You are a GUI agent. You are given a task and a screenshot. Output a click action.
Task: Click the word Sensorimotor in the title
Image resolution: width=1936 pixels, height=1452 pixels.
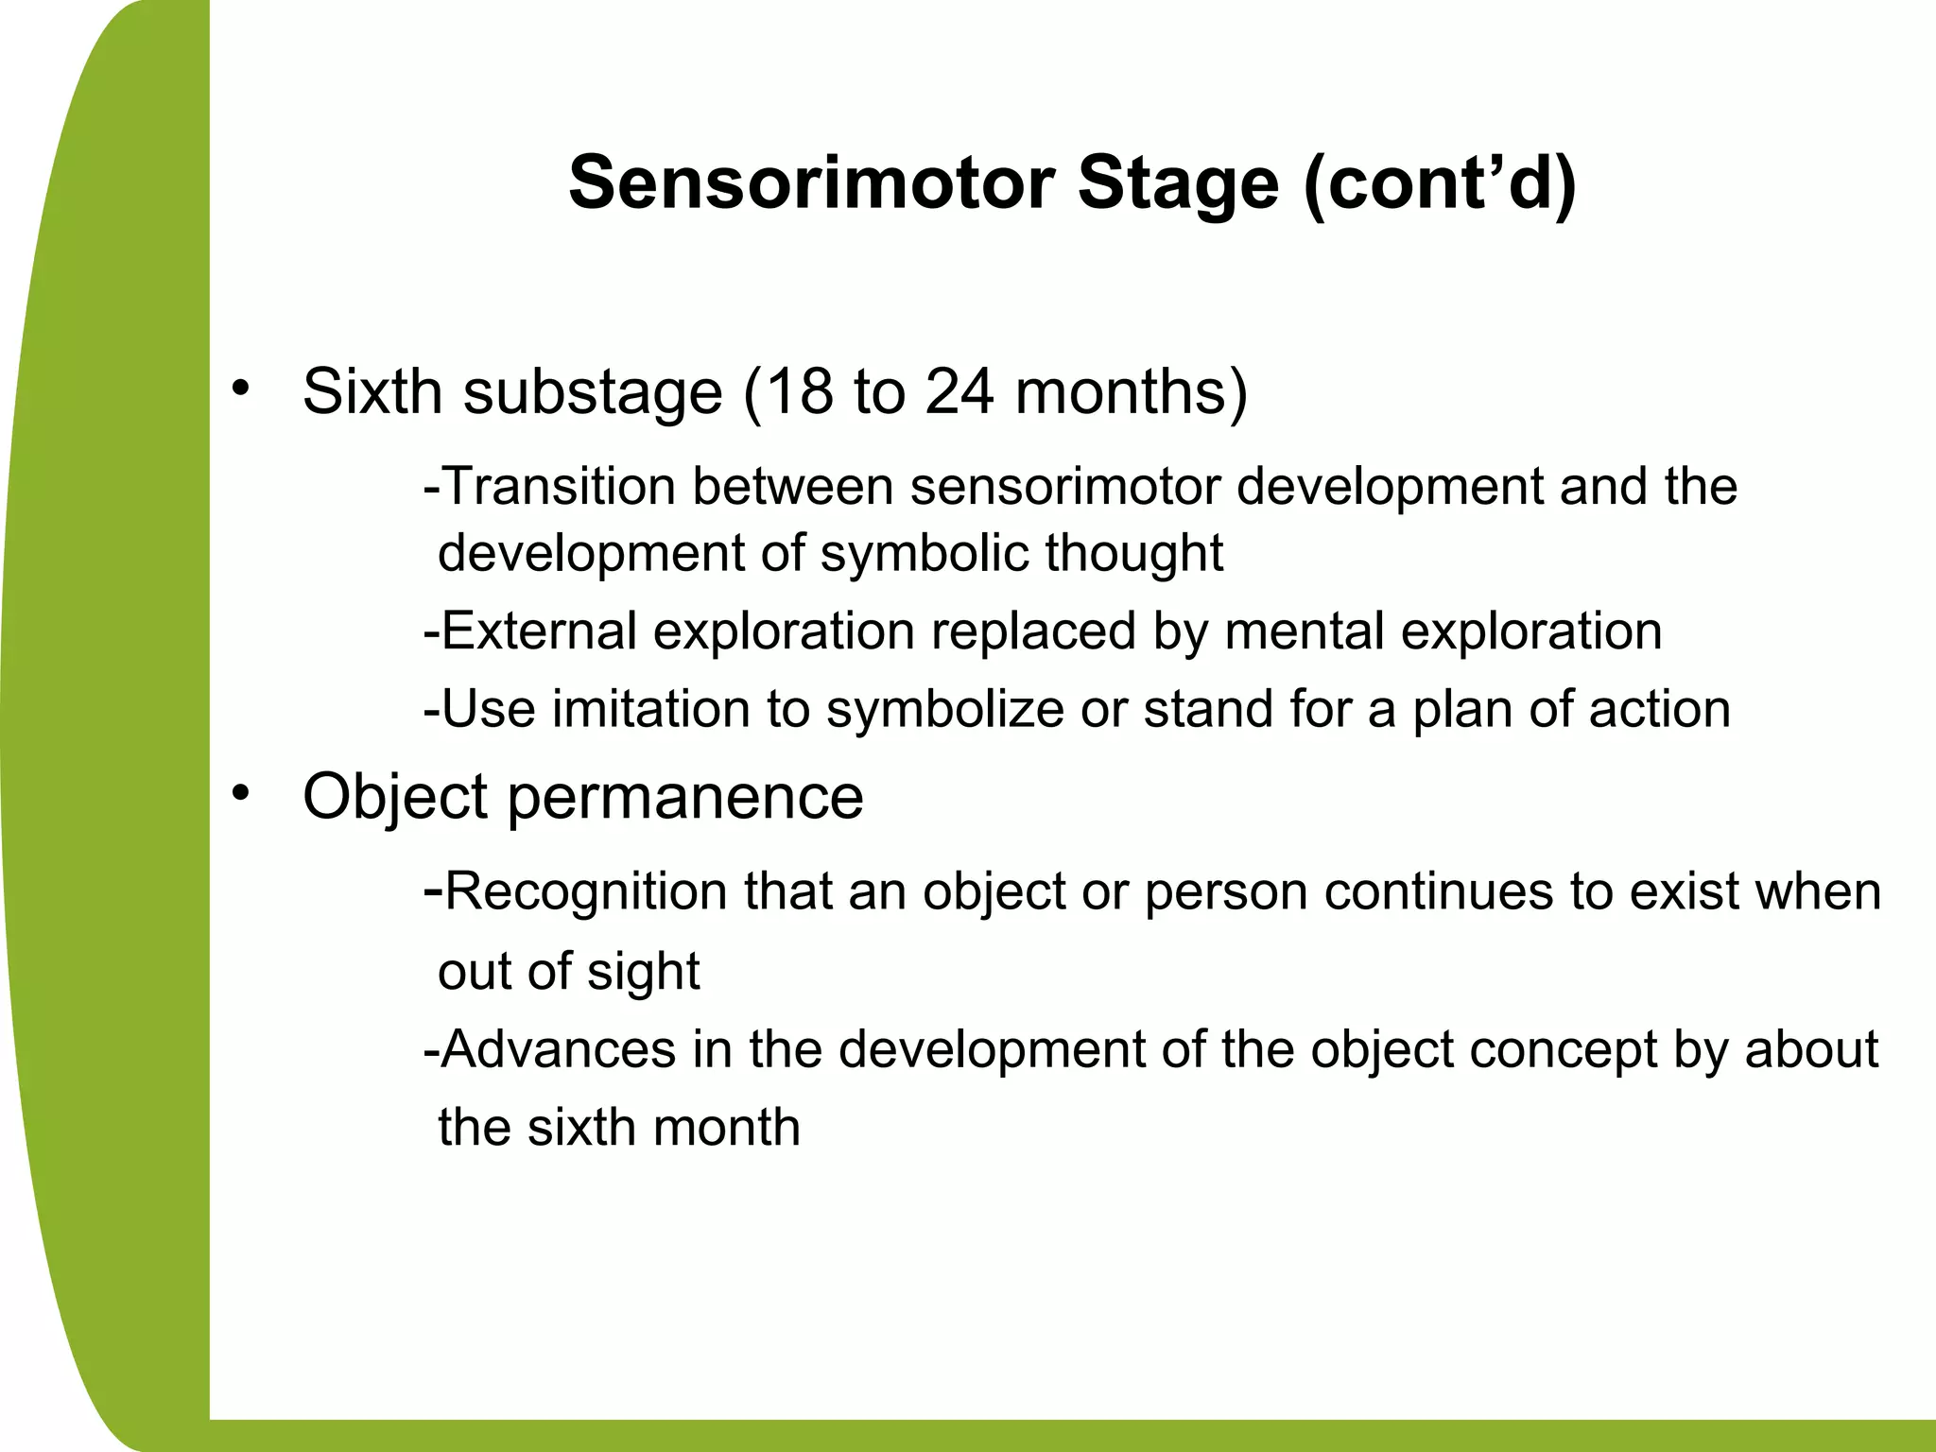pyautogui.click(x=811, y=183)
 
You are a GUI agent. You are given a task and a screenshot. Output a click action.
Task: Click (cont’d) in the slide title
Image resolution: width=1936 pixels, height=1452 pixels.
pyautogui.click(x=1440, y=183)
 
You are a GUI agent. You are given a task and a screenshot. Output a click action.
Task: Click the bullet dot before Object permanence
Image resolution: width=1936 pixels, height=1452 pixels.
pyautogui.click(x=241, y=791)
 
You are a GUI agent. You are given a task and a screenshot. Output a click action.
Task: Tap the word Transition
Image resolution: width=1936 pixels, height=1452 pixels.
pyautogui.click(x=558, y=487)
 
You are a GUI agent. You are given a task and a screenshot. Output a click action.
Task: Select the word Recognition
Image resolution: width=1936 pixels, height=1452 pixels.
pyautogui.click(x=585, y=891)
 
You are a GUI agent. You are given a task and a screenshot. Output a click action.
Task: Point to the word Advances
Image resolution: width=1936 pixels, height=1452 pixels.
pyautogui.click(x=558, y=1049)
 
